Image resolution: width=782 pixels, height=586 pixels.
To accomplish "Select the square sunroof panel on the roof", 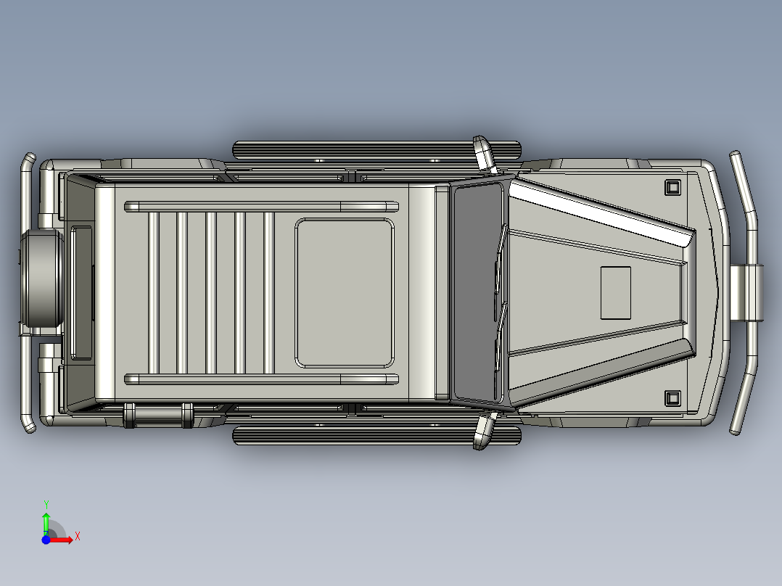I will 345,293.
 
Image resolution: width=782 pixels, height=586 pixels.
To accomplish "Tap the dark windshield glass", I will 477,292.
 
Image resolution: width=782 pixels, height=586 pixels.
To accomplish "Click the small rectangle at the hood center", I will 615,292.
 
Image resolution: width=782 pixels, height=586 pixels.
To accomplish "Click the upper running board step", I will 377,150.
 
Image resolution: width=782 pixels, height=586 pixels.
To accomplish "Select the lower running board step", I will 377,435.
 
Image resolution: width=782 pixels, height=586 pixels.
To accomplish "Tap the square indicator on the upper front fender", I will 672,187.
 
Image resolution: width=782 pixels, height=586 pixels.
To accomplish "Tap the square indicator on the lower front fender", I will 672,397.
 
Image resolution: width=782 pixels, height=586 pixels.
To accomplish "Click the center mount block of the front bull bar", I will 746,292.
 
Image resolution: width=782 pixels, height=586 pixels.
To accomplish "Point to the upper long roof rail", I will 262,207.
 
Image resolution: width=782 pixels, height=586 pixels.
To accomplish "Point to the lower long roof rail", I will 262,379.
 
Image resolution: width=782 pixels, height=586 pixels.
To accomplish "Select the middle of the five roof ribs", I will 211,292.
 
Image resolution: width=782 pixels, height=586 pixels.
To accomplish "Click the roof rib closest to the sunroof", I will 268,292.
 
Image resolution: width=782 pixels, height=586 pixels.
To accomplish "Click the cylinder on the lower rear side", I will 158,415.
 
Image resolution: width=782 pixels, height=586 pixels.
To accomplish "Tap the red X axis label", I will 77,536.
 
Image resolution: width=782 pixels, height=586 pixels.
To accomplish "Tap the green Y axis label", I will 46,503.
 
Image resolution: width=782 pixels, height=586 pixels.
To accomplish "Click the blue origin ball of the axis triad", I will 46,540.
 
